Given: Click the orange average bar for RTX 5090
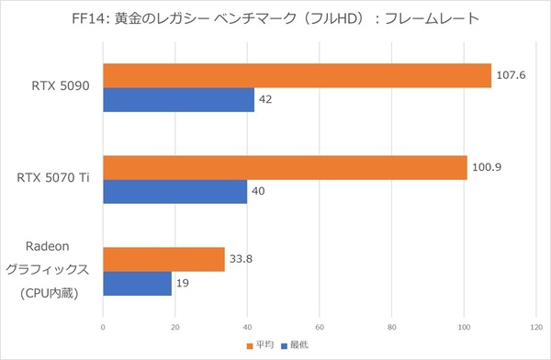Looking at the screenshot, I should coord(297,75).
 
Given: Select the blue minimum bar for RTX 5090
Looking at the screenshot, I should coord(178,99).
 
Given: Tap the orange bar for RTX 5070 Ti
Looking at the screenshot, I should coord(285,167).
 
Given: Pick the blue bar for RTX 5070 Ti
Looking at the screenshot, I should coord(174,191).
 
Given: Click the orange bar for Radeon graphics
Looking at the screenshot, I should coord(163,260).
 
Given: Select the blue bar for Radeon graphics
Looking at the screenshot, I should coord(137,284).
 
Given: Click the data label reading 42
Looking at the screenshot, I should coord(266,99).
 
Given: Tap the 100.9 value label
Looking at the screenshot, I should coord(486,167).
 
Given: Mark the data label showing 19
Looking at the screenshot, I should coord(184,284).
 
